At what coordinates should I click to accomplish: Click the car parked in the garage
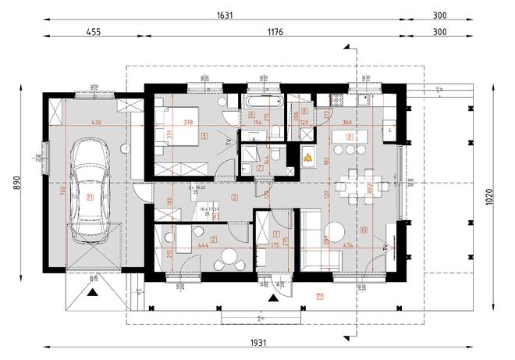[91, 187]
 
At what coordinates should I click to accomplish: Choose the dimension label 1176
[275, 33]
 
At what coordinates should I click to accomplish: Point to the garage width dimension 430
[97, 123]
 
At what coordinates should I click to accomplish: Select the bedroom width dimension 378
[187, 123]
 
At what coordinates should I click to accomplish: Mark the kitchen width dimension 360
[346, 123]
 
